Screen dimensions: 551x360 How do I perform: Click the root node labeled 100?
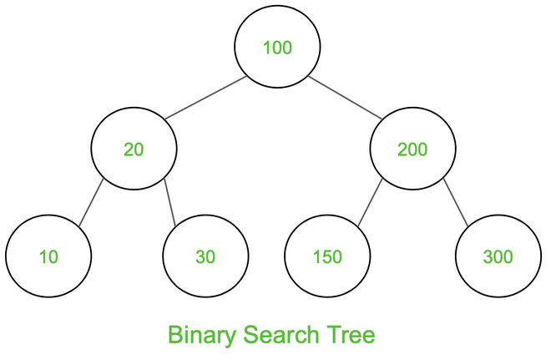click(277, 47)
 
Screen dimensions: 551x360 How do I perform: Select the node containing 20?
click(134, 149)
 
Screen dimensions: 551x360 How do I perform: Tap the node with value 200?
click(413, 149)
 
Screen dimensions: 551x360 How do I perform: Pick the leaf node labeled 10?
click(48, 256)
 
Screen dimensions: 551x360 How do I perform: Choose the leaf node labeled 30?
click(205, 256)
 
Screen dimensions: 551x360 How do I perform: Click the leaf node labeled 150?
click(327, 256)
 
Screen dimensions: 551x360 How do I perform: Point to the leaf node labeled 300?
click(498, 256)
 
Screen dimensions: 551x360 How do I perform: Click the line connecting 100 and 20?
click(205, 98)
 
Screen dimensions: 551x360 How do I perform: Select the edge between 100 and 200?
click(345, 98)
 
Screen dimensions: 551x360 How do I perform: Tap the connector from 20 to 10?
click(91, 202)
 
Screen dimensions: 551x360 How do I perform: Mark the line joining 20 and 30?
click(169, 202)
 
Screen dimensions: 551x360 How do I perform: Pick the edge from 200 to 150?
click(370, 202)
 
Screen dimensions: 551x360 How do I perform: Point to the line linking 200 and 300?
click(456, 202)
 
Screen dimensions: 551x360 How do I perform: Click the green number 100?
click(277, 48)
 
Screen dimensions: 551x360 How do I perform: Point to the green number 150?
click(327, 256)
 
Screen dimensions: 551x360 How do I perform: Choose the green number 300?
click(498, 256)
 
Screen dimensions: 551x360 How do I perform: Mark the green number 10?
click(48, 256)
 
